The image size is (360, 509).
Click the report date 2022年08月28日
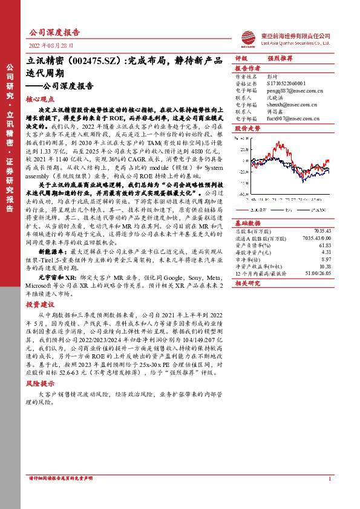(x=51, y=45)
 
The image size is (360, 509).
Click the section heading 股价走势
(x=247, y=128)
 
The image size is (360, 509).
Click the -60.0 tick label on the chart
(x=241, y=195)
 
